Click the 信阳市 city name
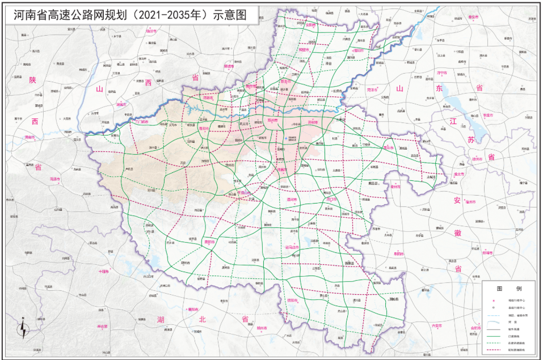pos(292,300)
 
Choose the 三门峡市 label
pos(140,121)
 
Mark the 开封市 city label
pos(313,121)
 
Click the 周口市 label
pos(331,200)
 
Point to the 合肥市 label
pos(475,328)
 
